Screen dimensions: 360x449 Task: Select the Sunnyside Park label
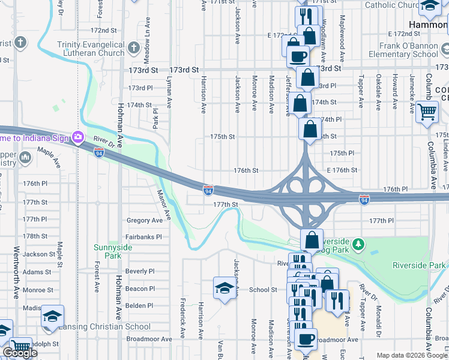(107, 251)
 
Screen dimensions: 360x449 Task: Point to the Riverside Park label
(420, 265)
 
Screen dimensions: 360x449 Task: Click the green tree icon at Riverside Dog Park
(358, 244)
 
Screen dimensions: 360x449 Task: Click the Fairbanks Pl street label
(144, 237)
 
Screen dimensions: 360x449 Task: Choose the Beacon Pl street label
(140, 289)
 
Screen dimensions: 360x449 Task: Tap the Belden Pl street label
(140, 305)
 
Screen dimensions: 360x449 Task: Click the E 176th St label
(342, 170)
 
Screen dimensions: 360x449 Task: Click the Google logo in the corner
(19, 353)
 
